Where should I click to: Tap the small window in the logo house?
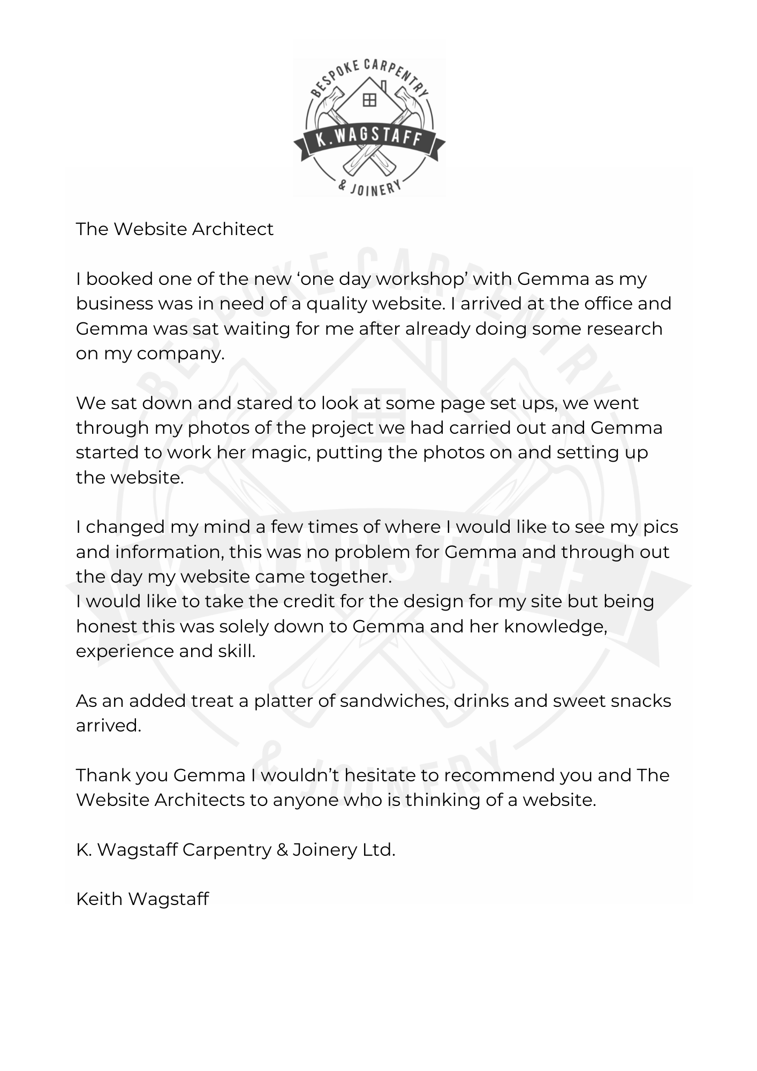[369, 100]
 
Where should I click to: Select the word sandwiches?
[394, 700]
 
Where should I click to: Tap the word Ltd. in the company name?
[378, 849]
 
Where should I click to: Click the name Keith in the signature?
[100, 899]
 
